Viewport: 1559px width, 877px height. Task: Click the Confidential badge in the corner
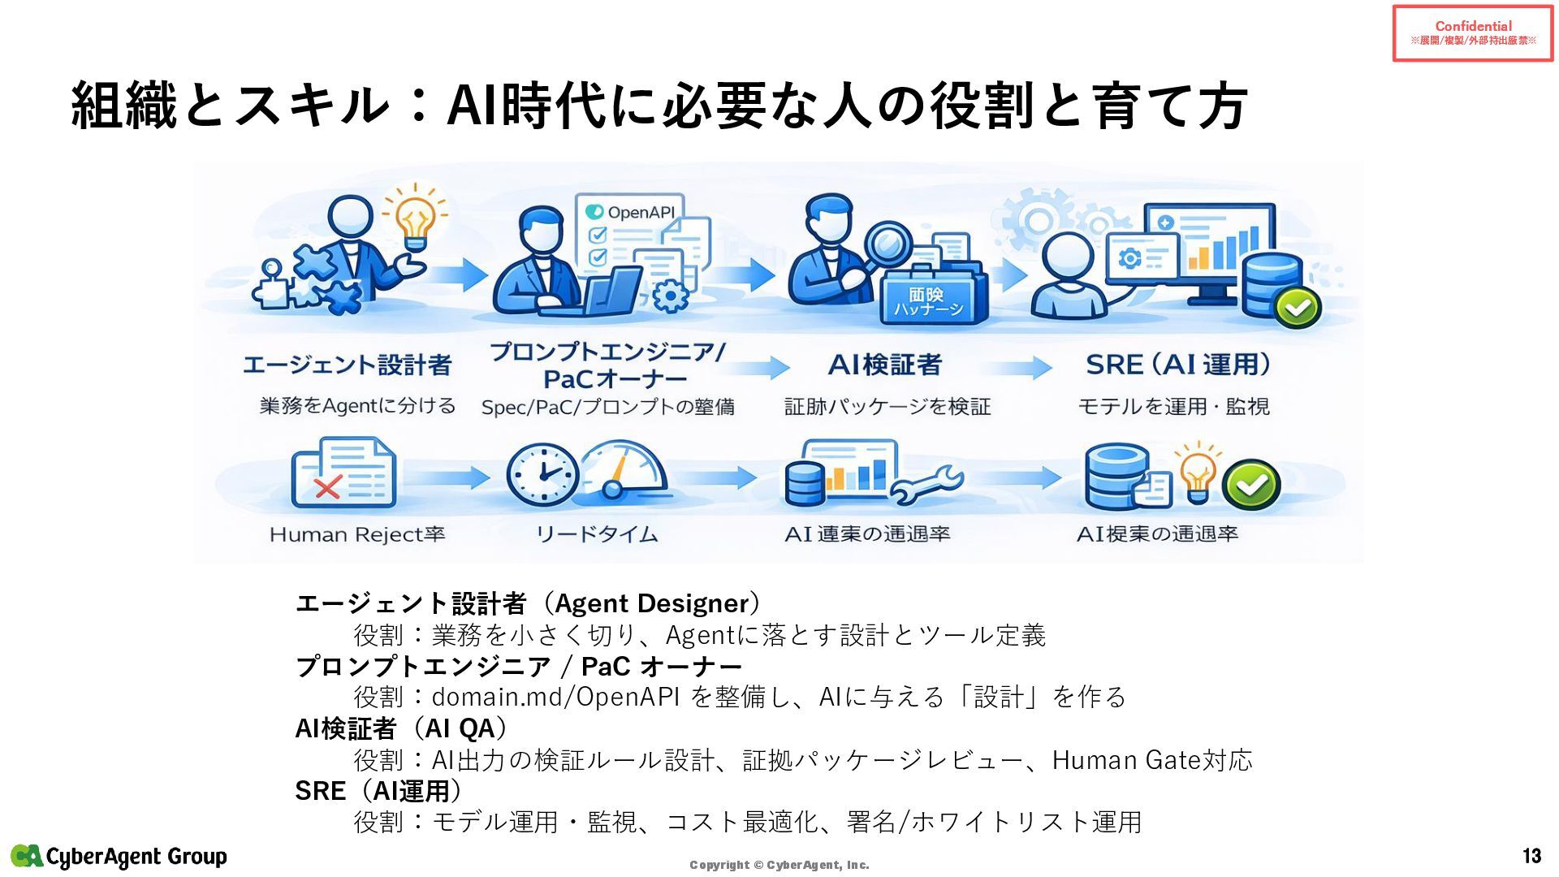pyautogui.click(x=1473, y=33)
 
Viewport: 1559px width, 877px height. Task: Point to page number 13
pyautogui.click(x=1531, y=856)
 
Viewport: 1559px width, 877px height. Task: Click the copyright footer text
pyautogui.click(x=779, y=865)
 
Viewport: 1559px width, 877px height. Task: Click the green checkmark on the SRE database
pyautogui.click(x=1298, y=307)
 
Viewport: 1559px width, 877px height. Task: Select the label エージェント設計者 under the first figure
pyautogui.click(x=347, y=365)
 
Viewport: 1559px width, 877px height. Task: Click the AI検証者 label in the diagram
pyautogui.click(x=885, y=365)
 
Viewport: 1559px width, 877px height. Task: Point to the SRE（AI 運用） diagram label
pyautogui.click(x=1178, y=365)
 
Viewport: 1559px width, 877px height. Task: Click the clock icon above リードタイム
pyautogui.click(x=542, y=476)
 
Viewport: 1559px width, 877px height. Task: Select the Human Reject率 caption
pyautogui.click(x=357, y=534)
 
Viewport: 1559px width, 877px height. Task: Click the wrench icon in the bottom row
pyautogui.click(x=926, y=484)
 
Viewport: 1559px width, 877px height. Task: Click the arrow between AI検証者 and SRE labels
pyautogui.click(x=1030, y=368)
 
